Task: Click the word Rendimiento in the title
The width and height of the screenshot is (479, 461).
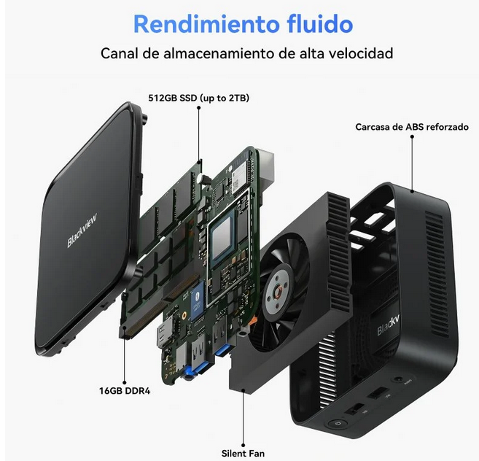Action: click(207, 24)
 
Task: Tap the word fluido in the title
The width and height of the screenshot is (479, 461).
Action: click(320, 23)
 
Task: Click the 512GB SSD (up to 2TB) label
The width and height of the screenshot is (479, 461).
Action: click(199, 98)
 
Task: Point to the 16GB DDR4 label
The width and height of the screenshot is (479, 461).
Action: click(125, 391)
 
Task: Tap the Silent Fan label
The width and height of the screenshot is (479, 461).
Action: click(244, 454)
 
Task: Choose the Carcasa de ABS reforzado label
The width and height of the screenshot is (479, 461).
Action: click(412, 127)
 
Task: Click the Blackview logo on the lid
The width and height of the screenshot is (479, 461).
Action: click(82, 230)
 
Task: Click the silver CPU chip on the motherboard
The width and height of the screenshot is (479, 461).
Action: click(222, 236)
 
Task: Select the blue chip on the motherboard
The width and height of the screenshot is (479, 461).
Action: click(197, 301)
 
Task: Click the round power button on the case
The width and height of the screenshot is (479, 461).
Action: click(337, 424)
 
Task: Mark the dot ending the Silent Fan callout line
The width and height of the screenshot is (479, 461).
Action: click(244, 445)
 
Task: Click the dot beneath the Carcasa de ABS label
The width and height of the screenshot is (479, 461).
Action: click(412, 136)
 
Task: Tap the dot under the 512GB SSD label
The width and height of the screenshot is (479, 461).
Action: click(199, 108)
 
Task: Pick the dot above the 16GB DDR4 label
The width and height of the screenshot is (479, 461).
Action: click(125, 382)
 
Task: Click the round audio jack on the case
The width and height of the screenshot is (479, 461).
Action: click(398, 379)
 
